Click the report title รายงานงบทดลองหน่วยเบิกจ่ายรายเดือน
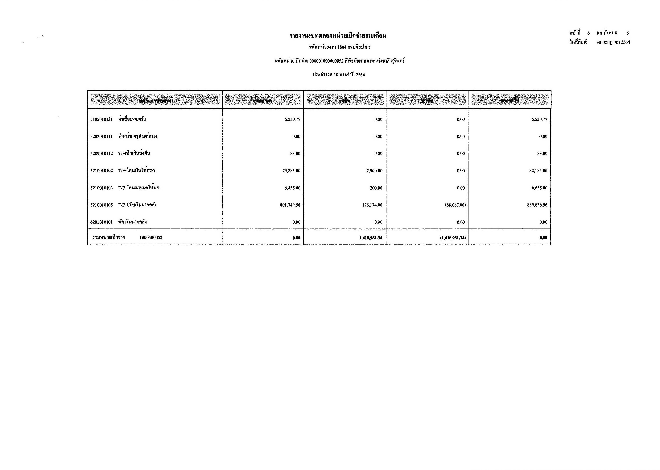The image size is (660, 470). pos(338,36)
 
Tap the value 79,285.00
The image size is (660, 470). pos(291,171)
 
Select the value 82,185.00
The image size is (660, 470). pos(538,171)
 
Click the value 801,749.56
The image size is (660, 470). pos(290,205)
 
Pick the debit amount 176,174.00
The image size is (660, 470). pos(372,205)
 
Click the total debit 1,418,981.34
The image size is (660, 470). pos(371,238)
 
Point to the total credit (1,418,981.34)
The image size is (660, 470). pos(453,238)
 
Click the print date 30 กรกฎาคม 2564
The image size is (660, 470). pos(613,42)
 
